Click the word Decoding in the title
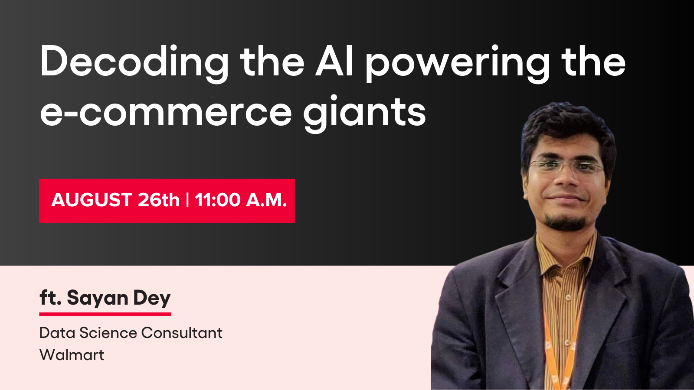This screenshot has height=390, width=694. click(134, 63)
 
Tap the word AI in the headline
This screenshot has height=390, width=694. click(334, 61)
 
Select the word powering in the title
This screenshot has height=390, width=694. click(458, 63)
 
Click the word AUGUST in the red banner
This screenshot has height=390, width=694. click(92, 200)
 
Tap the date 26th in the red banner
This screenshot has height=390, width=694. click(159, 200)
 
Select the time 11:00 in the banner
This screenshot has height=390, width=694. click(217, 200)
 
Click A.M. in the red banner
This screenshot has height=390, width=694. click(266, 200)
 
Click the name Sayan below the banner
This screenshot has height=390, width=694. click(98, 299)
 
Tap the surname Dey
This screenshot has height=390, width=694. click(152, 299)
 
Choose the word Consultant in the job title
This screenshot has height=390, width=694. click(182, 333)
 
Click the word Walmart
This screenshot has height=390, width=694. click(72, 355)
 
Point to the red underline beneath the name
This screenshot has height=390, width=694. click(105, 314)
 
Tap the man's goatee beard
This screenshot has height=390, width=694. click(566, 222)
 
